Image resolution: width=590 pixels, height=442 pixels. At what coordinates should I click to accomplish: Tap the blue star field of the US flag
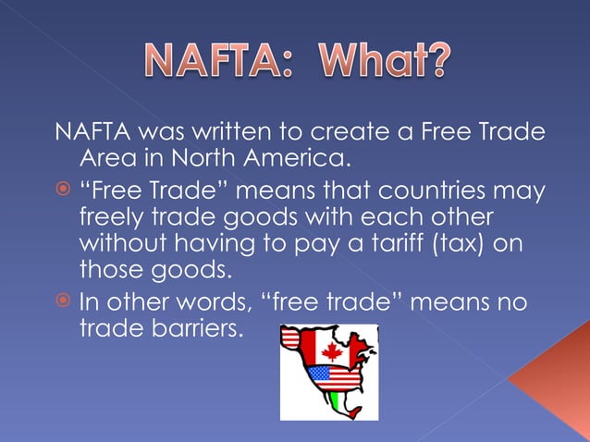coord(317,374)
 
